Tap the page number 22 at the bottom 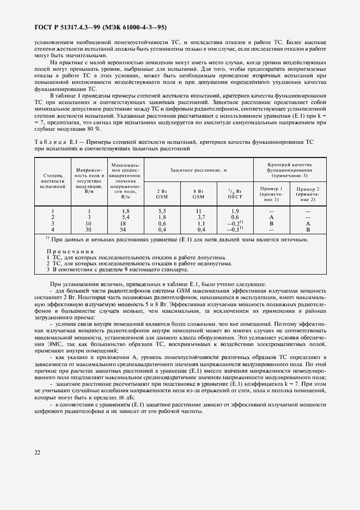[38, 451]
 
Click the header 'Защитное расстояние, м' [198, 170]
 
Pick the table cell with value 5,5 [161, 210]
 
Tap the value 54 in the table [126, 229]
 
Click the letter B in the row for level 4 [308, 229]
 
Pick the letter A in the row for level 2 [271, 217]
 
